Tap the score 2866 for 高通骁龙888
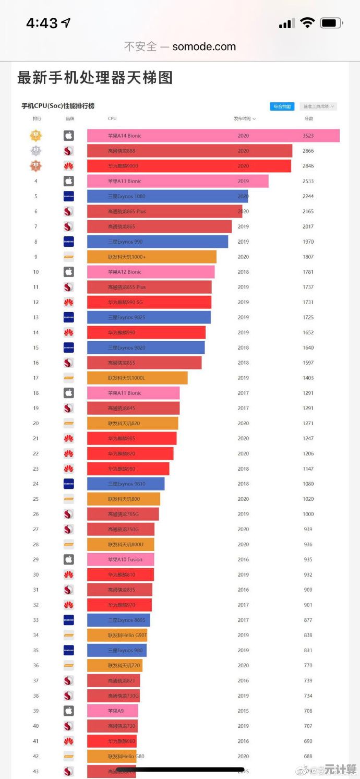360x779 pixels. click(x=308, y=151)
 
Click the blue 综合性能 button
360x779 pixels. click(x=282, y=106)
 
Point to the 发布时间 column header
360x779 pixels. click(x=244, y=118)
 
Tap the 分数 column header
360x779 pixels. click(x=308, y=118)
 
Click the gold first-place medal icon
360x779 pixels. click(x=36, y=136)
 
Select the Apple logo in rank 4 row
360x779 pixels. click(x=68, y=181)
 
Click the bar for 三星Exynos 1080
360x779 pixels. click(x=167, y=196)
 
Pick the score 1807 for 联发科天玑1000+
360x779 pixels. click(x=308, y=257)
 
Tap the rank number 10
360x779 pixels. click(x=36, y=272)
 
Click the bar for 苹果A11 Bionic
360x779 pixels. click(x=133, y=393)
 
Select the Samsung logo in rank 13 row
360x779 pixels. click(x=68, y=317)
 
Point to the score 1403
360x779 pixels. click(x=308, y=378)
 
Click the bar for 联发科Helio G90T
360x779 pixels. click(x=117, y=635)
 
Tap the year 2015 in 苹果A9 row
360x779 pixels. click(x=243, y=711)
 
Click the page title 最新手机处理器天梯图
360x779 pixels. click(x=95, y=78)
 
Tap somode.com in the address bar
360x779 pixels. click(x=204, y=46)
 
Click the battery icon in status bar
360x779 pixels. click(x=331, y=23)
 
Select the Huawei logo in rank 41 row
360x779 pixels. click(x=68, y=741)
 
